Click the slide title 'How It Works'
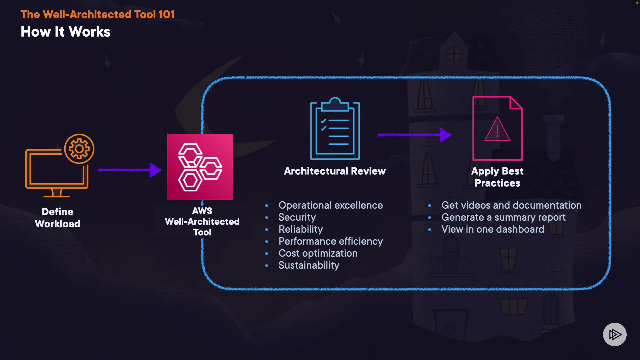click(x=65, y=32)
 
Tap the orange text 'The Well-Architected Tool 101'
click(x=97, y=14)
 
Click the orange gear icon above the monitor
click(x=79, y=149)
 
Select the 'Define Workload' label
click(x=58, y=218)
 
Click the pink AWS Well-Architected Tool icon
click(x=200, y=167)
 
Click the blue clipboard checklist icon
click(x=335, y=129)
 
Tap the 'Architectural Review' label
click(x=335, y=171)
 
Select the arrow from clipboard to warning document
click(x=414, y=135)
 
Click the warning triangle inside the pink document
click(x=497, y=129)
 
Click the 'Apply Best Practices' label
click(x=497, y=177)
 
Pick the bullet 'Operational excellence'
click(x=330, y=205)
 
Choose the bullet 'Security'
click(x=297, y=217)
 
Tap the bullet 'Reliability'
click(x=300, y=229)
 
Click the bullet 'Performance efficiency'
click(x=330, y=241)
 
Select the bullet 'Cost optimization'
click(x=318, y=253)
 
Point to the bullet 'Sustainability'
click(x=309, y=265)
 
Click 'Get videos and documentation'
click(x=511, y=205)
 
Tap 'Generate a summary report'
click(x=503, y=217)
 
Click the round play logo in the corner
click(x=615, y=334)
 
